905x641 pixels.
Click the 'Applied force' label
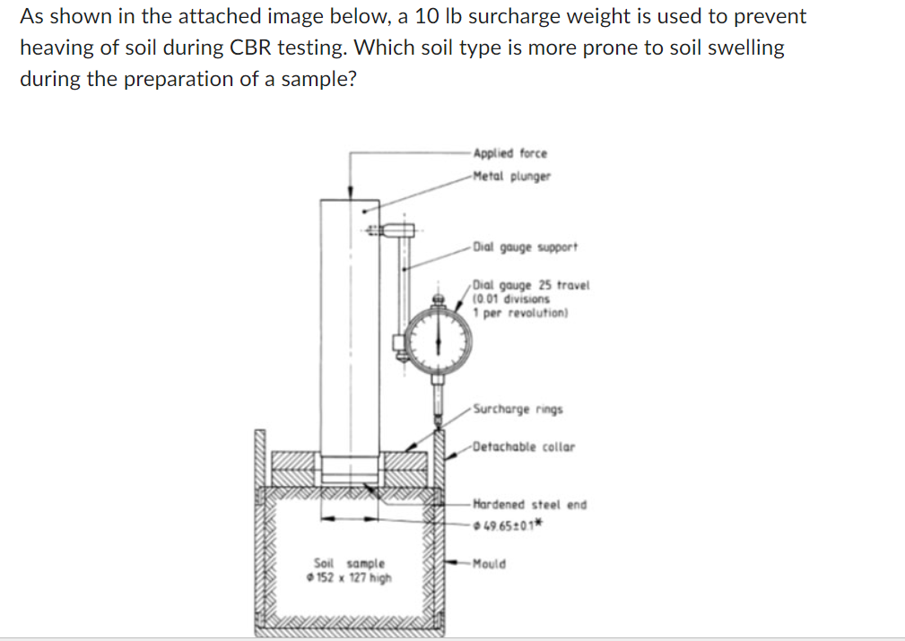[x=509, y=153]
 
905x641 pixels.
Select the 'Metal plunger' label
[x=511, y=176]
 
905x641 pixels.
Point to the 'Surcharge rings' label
[x=518, y=410]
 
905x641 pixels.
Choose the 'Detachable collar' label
[x=523, y=446]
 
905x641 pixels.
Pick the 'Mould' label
[x=489, y=564]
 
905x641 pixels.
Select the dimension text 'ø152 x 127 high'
[x=349, y=576]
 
